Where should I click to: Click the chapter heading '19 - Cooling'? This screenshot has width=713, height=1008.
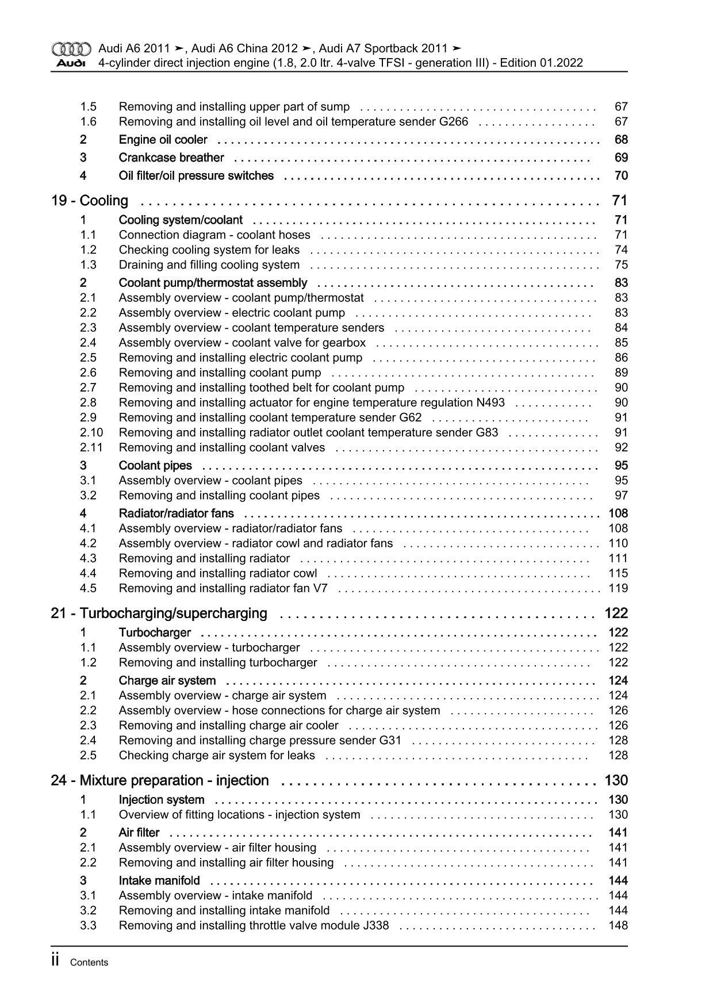(90, 201)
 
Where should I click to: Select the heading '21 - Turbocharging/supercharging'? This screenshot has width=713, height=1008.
(159, 614)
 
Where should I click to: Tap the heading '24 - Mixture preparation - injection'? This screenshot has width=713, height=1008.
(160, 780)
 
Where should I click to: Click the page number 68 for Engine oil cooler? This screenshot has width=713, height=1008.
(621, 140)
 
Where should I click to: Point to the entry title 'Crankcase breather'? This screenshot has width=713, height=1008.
(171, 158)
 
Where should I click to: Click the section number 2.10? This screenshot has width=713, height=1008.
(91, 432)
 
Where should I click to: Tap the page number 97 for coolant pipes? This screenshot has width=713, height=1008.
(621, 495)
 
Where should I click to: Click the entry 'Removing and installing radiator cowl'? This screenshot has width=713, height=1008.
(218, 573)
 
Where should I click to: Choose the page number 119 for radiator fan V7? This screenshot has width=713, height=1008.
(618, 588)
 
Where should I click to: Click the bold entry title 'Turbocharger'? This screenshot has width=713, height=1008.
(155, 633)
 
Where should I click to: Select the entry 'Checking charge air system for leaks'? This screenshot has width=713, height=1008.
(217, 755)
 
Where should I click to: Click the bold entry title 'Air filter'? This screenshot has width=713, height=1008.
(139, 833)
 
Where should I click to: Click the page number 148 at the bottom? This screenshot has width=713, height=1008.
(618, 925)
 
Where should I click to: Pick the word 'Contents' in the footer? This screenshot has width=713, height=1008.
(89, 963)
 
